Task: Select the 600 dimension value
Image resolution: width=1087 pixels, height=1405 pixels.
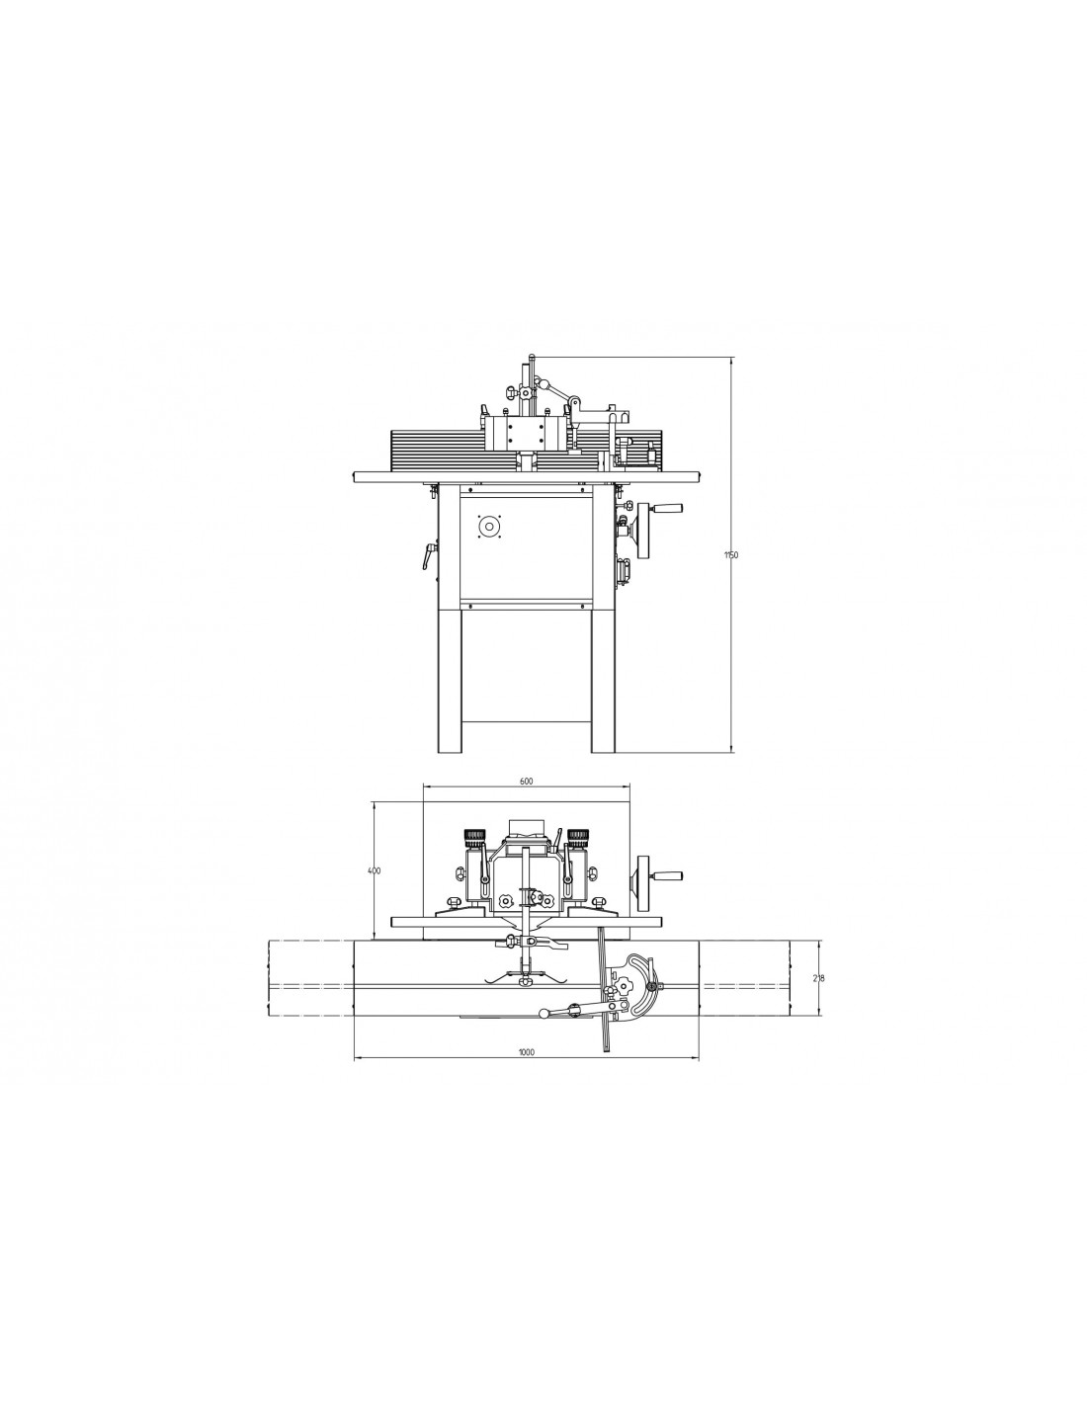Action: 526,781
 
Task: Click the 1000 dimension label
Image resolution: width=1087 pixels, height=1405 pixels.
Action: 526,1052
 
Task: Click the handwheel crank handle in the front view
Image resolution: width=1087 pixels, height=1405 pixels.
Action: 667,508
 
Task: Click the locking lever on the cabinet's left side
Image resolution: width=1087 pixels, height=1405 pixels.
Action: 428,555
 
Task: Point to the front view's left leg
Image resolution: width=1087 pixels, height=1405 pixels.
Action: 449,680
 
